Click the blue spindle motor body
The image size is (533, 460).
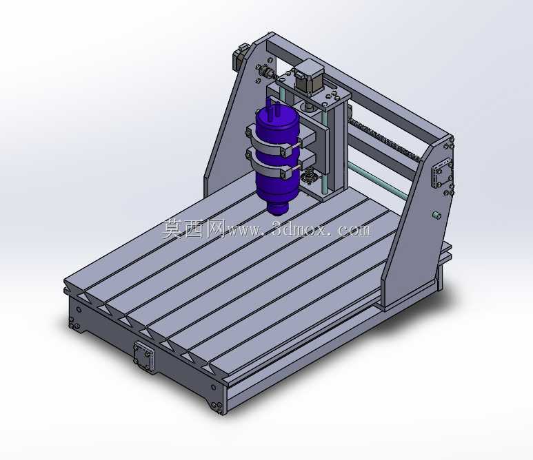coord(277,156)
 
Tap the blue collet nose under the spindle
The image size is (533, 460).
coord(278,207)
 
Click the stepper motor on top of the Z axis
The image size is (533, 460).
coord(309,76)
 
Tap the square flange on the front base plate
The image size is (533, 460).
coord(144,356)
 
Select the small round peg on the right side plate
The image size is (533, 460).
coord(436,215)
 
